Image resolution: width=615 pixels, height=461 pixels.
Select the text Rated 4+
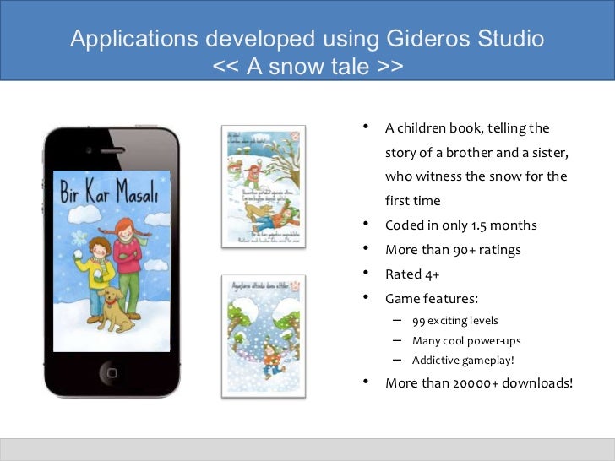pyautogui.click(x=412, y=274)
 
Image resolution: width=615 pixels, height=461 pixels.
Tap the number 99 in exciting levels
pyautogui.click(x=419, y=321)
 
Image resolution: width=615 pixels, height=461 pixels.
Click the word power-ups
pyautogui.click(x=498, y=341)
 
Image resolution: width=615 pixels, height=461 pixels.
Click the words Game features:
pyautogui.click(x=431, y=298)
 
